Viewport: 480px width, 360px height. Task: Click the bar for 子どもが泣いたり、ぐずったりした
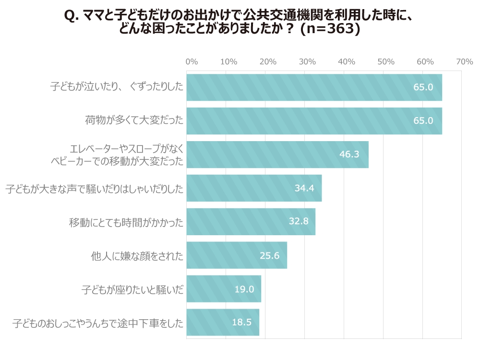314,87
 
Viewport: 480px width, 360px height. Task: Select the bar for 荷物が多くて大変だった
314,121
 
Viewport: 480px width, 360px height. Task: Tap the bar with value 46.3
277,155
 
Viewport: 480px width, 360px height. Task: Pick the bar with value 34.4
254,188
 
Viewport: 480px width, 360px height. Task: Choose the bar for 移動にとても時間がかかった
251,222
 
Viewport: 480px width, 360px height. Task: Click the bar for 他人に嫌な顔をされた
237,255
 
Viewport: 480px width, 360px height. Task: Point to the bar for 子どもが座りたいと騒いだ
224,289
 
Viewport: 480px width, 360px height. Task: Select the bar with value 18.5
223,323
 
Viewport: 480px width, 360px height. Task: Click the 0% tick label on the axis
192,62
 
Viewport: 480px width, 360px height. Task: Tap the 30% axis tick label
307,62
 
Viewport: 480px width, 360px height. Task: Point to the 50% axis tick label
386,62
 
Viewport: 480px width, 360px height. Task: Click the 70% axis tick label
464,62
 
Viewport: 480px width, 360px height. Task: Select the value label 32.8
302,222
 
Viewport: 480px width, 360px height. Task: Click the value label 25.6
269,255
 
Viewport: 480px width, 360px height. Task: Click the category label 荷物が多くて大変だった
134,121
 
